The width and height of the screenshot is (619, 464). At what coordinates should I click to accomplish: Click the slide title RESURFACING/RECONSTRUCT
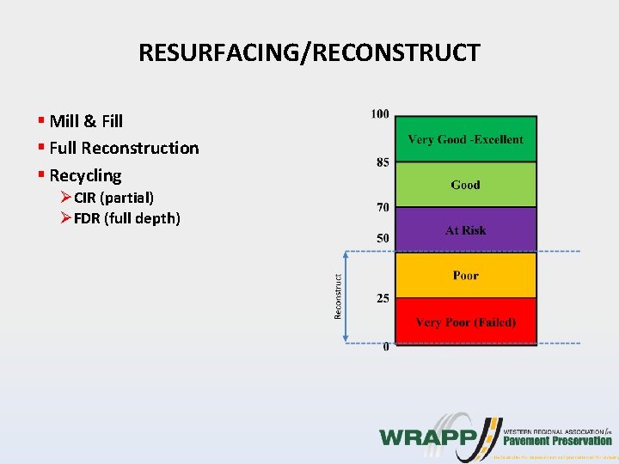pos(309,53)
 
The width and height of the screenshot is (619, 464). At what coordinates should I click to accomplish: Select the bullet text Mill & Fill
pos(86,121)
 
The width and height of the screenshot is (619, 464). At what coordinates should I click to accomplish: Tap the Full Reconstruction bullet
pos(124,148)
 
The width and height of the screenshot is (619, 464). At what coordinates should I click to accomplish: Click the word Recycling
pos(85,175)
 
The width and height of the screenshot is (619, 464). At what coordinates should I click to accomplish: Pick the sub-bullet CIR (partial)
pos(113,198)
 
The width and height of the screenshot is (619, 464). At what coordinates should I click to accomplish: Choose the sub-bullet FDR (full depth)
pos(126,218)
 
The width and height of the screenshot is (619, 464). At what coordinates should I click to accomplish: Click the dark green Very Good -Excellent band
pos(465,139)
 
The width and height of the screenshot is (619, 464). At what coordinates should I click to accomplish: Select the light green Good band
pos(465,185)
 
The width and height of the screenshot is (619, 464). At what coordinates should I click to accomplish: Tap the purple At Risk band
pos(465,230)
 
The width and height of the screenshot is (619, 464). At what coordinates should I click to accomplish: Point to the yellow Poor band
pos(465,276)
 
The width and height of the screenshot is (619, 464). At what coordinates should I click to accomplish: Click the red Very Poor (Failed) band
pos(465,322)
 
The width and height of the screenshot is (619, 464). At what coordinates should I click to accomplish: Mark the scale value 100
pos(379,113)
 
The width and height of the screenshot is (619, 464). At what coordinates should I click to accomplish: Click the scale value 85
pos(382,162)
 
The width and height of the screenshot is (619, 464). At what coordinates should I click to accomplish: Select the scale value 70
pos(382,207)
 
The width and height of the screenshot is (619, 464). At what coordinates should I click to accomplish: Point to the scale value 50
pos(382,237)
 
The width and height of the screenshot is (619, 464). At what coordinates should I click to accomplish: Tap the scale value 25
pos(382,298)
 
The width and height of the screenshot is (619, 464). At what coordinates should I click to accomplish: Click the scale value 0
pos(385,346)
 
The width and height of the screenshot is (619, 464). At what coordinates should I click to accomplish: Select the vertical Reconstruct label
pos(338,297)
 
